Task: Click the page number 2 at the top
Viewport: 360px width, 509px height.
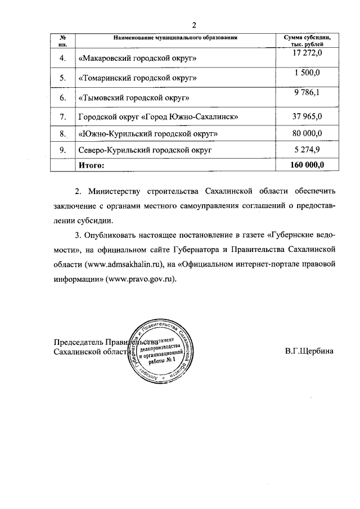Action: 194,25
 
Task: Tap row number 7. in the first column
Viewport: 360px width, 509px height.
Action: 62,117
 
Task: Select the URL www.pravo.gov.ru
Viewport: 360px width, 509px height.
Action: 146,278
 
